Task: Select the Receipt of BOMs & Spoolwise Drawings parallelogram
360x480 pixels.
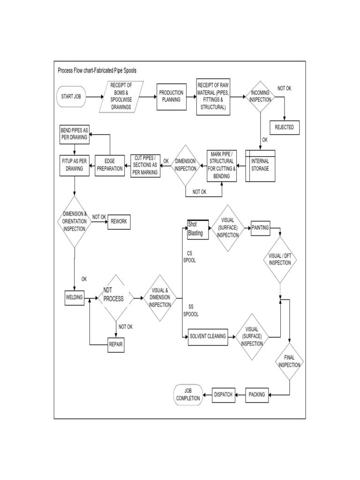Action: point(121,96)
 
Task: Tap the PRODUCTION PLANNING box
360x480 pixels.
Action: point(171,96)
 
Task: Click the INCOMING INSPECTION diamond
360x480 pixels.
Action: point(260,97)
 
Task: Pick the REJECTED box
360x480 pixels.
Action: point(284,127)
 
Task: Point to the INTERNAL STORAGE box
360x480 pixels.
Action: point(260,165)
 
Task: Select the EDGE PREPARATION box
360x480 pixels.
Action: point(109,165)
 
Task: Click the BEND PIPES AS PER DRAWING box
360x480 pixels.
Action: point(74,135)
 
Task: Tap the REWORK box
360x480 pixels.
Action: point(119,222)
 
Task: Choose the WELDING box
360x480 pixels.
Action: point(75,298)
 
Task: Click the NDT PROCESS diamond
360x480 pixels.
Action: point(113,298)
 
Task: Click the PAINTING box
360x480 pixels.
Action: point(260,227)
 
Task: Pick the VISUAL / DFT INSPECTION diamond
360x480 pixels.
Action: point(280,259)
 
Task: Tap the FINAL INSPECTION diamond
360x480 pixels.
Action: point(289,361)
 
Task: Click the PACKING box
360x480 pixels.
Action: point(256,395)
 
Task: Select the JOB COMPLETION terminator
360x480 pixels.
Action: point(188,395)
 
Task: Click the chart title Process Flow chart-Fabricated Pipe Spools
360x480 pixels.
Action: point(97,70)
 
